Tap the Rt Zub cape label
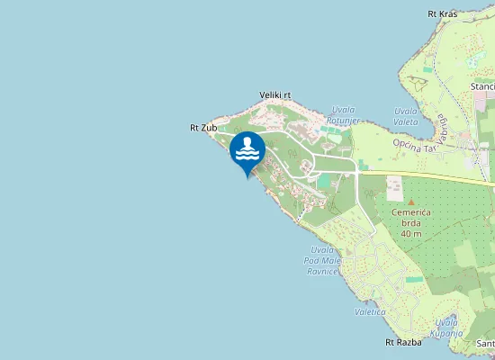(202, 128)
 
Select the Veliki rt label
(275, 94)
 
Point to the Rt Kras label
(442, 14)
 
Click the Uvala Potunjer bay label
(344, 114)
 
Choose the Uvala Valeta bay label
(406, 116)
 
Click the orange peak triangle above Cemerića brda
(410, 201)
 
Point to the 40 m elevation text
(411, 234)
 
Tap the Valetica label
(370, 311)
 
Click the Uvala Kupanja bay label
(447, 328)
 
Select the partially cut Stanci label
(482, 86)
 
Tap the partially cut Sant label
(485, 343)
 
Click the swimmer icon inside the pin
(247, 148)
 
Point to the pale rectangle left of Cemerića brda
(394, 189)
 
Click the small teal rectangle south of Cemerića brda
(414, 279)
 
